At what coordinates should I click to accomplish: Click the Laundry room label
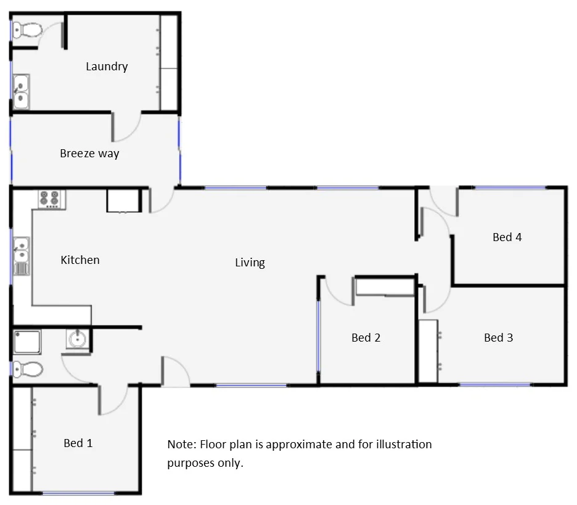pos(107,67)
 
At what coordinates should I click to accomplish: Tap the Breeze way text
pos(89,154)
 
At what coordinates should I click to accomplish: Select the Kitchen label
pos(80,260)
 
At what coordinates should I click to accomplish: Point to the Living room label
pos(250,263)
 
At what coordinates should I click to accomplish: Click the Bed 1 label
pos(78,443)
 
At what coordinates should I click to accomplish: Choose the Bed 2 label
pos(366,338)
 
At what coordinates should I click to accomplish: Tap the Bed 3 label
pos(498,338)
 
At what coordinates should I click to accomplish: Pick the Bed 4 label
pos(507,237)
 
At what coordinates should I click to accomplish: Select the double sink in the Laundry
pos(22,91)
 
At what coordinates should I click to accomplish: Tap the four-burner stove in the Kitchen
pos(50,199)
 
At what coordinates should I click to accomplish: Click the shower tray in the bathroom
pos(27,342)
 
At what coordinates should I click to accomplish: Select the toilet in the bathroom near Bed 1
pos(27,370)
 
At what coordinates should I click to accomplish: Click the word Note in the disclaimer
pos(180,445)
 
